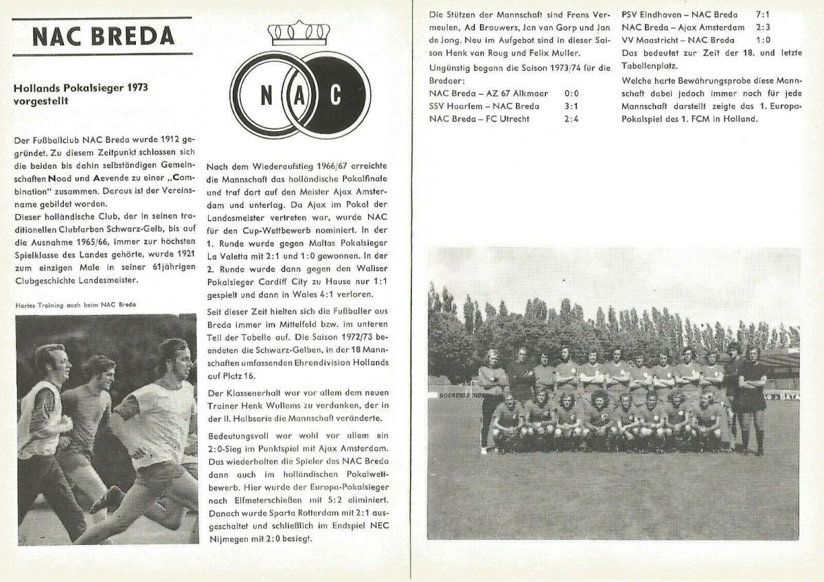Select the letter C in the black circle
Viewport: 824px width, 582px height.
tap(335, 95)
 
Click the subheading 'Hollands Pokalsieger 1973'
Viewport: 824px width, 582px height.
tap(81, 88)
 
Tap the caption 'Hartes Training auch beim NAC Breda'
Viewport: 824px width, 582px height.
tap(75, 305)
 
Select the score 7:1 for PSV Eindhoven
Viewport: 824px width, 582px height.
tap(764, 14)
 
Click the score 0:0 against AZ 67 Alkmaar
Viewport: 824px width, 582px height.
tap(573, 93)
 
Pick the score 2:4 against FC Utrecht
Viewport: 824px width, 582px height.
tap(571, 118)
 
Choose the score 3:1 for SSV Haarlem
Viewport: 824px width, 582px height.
tap(571, 106)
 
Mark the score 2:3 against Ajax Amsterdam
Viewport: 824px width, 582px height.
tap(764, 27)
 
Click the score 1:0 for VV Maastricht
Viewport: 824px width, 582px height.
tap(763, 40)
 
